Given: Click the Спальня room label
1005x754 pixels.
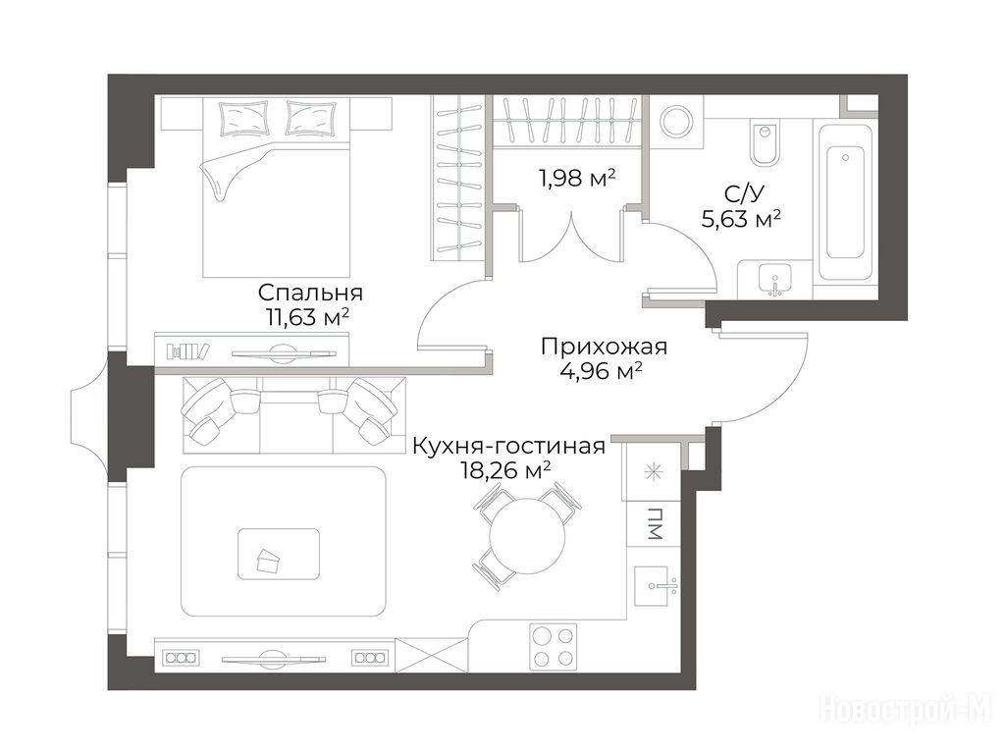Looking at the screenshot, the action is pos(310,293).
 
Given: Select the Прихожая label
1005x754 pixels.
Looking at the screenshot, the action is pos(604,347).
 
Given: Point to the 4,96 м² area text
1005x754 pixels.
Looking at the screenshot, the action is pos(602,370).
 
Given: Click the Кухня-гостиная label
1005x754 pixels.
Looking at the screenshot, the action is pos(508,446).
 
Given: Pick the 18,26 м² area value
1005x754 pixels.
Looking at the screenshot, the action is pos(505,470).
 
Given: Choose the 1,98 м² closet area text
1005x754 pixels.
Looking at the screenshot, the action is pos(576,178).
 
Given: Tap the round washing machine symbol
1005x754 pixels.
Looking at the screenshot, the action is pos(677,121).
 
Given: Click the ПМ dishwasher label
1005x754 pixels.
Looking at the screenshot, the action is pos(655,523).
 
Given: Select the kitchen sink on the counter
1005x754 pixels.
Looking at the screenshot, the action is pos(656,586).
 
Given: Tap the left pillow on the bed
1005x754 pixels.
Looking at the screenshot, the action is pos(243,118).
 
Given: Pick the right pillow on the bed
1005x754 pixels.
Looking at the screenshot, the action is pos(311,118).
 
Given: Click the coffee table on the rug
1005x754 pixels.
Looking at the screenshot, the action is pos(279,554).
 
